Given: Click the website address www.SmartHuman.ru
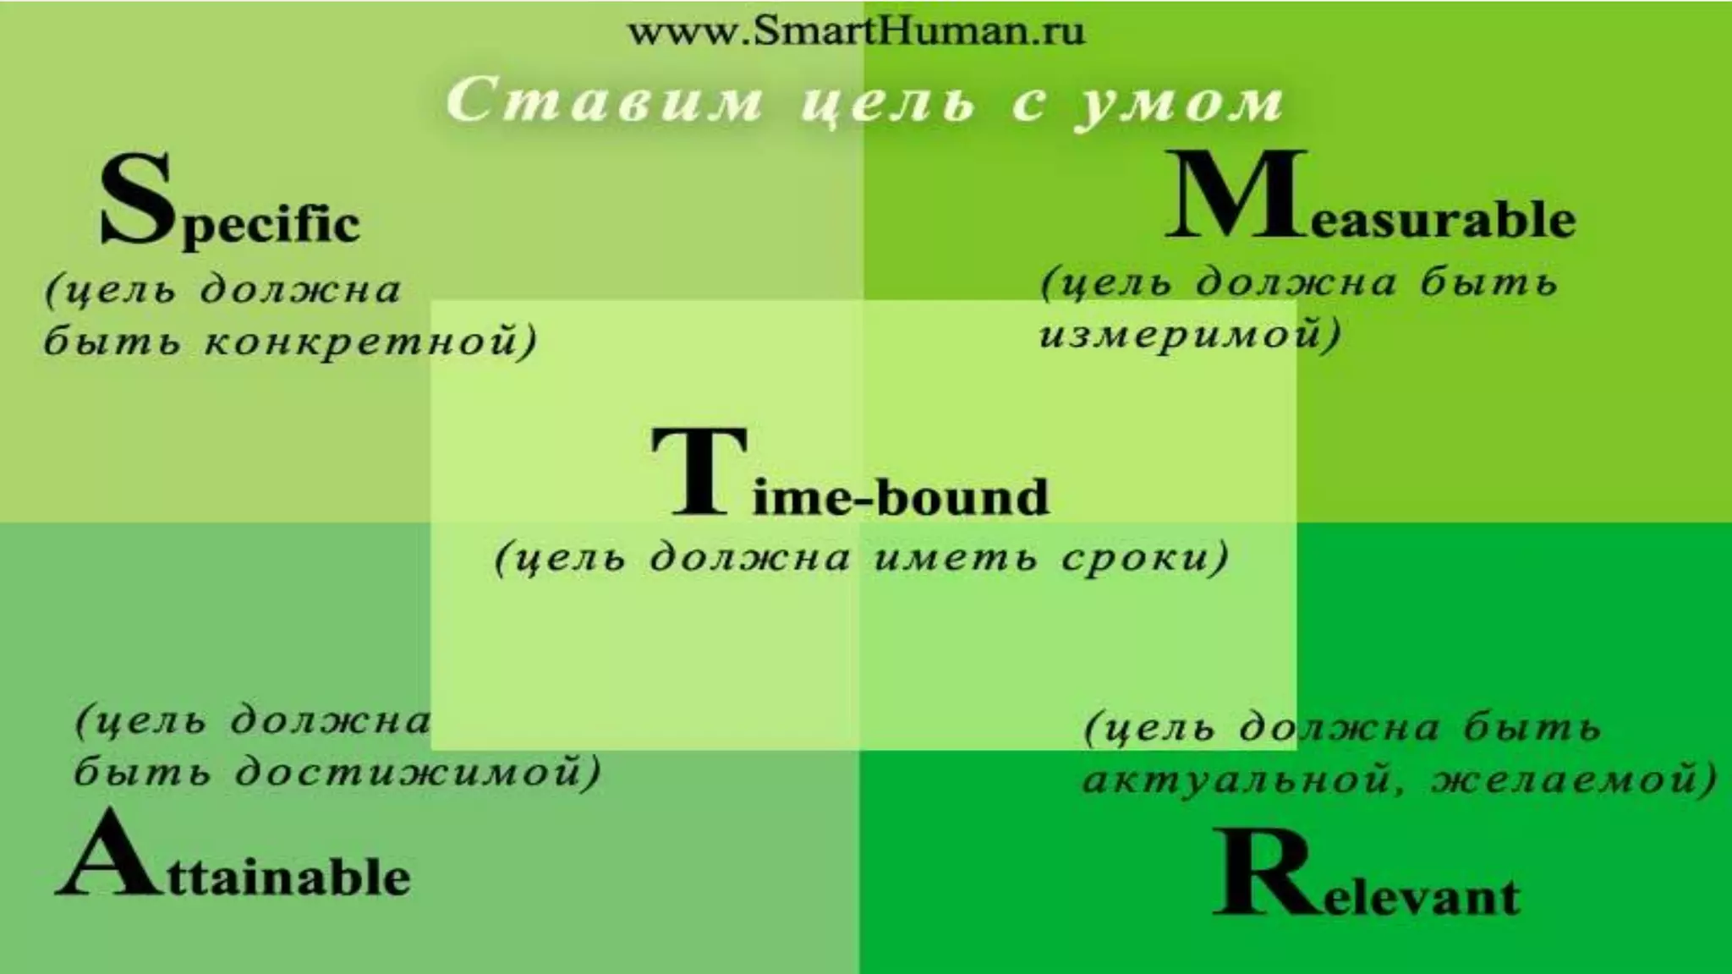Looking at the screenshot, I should (856, 32).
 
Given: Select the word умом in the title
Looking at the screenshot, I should (1180, 103).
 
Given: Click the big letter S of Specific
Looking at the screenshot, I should (135, 201).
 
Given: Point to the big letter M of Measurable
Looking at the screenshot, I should (1235, 196).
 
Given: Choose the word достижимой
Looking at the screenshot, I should (414, 773).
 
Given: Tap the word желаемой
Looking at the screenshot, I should (1569, 778).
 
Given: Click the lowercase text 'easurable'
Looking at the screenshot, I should (1433, 220).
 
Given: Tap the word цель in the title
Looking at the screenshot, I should (888, 103).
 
